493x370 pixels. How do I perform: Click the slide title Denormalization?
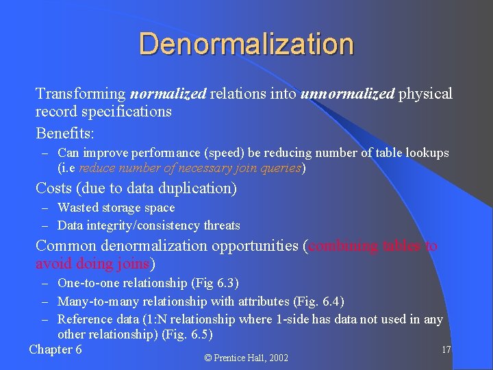[246, 44]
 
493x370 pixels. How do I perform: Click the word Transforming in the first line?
[81, 94]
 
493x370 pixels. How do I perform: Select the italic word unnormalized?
[347, 94]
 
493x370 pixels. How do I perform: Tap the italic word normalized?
[168, 94]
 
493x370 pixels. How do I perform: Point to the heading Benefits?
[64, 132]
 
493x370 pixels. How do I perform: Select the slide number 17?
[446, 350]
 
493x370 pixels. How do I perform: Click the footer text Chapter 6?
[55, 349]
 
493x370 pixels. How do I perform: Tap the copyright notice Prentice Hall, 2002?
[246, 358]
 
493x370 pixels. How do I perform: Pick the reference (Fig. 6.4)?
[318, 301]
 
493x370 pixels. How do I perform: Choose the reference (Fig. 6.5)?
[188, 335]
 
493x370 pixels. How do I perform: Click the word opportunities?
[253, 245]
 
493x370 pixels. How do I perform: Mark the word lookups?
[427, 153]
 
